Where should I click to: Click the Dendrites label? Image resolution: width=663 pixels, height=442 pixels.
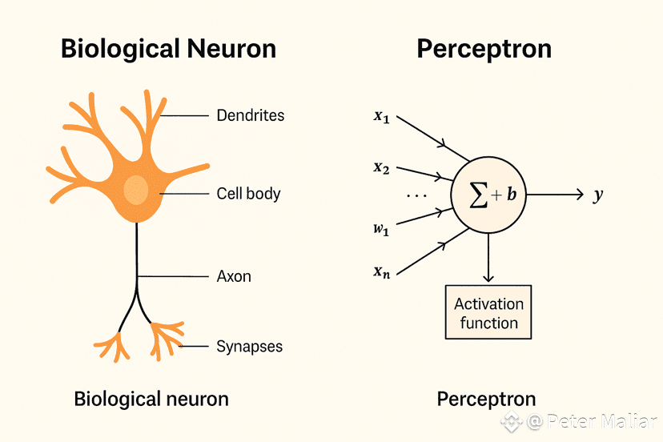(250, 115)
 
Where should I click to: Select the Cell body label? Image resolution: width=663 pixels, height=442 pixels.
(248, 194)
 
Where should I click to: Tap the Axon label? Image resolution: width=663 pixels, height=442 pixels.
(234, 276)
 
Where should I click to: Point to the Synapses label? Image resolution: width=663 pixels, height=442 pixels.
(249, 347)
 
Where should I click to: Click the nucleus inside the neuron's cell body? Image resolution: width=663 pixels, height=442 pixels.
(136, 190)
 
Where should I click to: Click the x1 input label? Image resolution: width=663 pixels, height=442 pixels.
(381, 115)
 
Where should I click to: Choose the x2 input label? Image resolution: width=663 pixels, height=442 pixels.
(381, 167)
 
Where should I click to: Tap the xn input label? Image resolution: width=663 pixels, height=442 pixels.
(381, 271)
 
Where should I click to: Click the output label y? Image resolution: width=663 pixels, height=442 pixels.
(597, 195)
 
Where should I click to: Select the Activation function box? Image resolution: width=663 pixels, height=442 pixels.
(488, 313)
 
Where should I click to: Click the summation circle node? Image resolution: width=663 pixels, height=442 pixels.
(488, 195)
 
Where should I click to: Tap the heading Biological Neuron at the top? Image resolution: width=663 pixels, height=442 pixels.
(168, 49)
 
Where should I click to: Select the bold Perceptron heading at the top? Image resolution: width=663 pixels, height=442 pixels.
(484, 49)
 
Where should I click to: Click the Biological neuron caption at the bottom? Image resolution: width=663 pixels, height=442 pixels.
(151, 399)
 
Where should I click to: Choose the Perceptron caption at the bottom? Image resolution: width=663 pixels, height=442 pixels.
(486, 399)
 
